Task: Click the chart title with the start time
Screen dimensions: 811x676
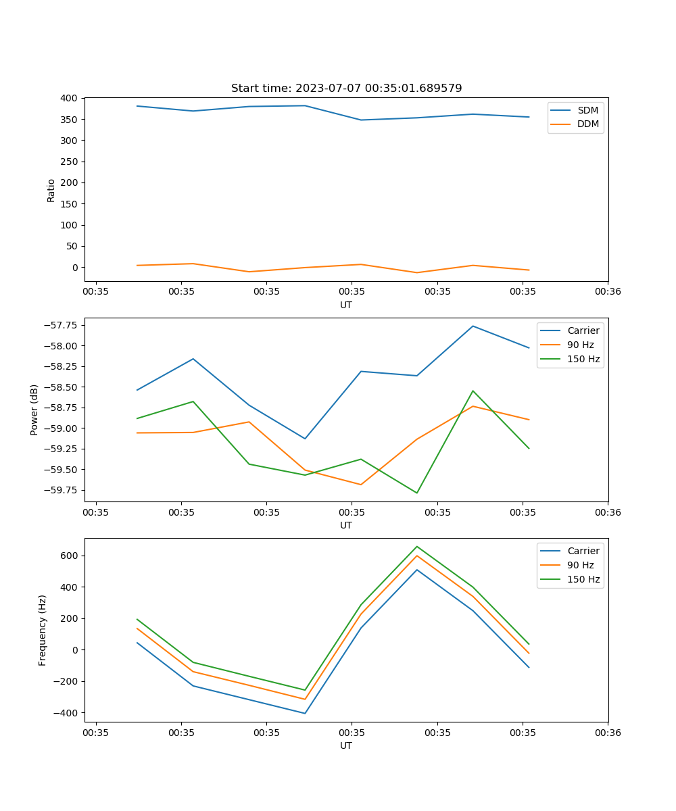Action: pos(346,89)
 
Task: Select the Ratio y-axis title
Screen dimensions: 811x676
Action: pos(51,190)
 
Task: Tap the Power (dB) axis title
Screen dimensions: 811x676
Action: pos(34,410)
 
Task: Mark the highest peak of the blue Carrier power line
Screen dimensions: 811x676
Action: pos(473,326)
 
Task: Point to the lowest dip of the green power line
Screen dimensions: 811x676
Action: pos(416,493)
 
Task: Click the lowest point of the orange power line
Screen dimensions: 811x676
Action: pos(360,485)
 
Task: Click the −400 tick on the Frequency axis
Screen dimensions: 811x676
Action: pos(65,713)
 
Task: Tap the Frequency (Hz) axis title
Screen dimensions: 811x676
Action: pos(43,630)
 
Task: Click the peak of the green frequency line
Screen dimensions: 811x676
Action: pos(416,546)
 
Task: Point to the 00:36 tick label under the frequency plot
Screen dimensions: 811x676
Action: pos(608,732)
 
